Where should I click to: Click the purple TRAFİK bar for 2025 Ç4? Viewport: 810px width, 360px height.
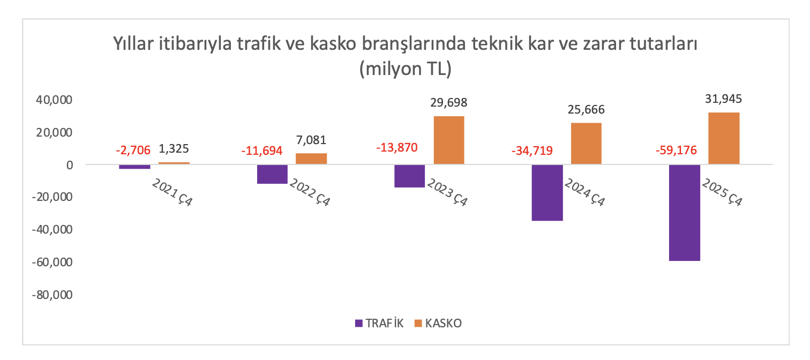click(685, 213)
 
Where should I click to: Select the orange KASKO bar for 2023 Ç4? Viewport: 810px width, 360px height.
click(449, 140)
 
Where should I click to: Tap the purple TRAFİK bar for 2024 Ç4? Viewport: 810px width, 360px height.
click(547, 193)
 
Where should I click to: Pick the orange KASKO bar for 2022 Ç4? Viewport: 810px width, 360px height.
click(311, 159)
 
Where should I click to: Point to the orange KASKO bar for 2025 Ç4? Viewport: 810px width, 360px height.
click(724, 138)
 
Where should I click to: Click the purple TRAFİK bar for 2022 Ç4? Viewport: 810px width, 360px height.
click(272, 174)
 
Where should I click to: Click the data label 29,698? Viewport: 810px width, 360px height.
click(449, 103)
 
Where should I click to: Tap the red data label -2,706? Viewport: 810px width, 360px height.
click(133, 151)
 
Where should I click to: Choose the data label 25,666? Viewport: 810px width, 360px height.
click(586, 110)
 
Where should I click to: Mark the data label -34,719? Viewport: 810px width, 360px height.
click(537, 151)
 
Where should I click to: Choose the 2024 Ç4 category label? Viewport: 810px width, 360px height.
click(585, 193)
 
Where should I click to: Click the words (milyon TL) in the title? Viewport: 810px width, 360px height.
click(405, 69)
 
